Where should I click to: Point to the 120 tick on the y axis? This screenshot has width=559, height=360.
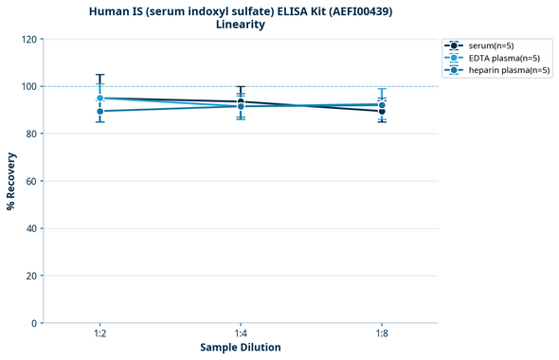[27, 39]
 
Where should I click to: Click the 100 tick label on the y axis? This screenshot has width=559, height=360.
[27, 86]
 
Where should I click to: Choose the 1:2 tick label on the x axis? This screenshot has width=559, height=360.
[99, 334]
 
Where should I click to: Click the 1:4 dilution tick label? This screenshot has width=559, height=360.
[241, 334]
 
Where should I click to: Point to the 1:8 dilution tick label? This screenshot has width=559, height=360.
[382, 334]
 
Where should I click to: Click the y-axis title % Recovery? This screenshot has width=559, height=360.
[11, 181]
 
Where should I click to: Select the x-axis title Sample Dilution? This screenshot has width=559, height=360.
[241, 348]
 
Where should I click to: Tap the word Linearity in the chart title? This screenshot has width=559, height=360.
[241, 25]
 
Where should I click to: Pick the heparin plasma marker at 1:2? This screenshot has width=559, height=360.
[99, 111]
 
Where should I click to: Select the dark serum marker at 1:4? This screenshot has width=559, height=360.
[241, 101]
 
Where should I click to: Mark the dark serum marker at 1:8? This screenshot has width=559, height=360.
[382, 111]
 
